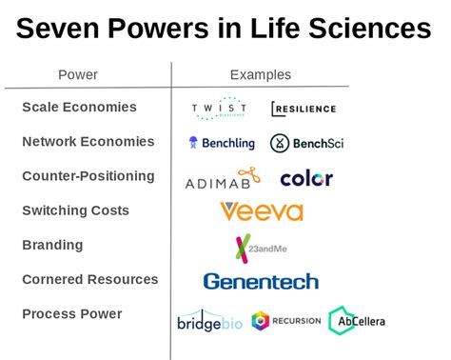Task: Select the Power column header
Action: click(x=78, y=74)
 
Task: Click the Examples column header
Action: click(x=260, y=74)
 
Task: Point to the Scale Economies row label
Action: click(x=79, y=108)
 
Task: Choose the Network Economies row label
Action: click(x=88, y=142)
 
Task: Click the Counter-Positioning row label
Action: click(x=88, y=176)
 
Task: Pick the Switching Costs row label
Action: click(x=75, y=210)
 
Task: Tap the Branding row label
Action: click(x=52, y=245)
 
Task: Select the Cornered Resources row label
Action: click(x=89, y=279)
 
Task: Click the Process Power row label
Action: click(x=72, y=313)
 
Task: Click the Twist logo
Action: click(x=219, y=109)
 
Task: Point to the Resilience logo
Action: click(x=304, y=109)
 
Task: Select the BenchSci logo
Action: click(x=305, y=143)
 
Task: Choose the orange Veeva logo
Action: click(x=261, y=211)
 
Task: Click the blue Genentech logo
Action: click(x=261, y=281)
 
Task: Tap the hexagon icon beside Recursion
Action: click(x=260, y=321)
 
